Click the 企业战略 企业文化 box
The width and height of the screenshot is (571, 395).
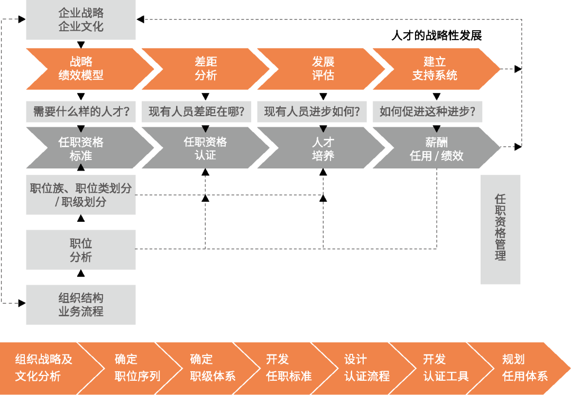click(x=81, y=20)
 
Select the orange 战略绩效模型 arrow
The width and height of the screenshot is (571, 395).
click(x=81, y=69)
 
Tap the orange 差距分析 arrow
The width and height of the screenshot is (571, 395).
click(x=206, y=69)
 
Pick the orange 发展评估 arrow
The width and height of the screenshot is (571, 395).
click(x=323, y=69)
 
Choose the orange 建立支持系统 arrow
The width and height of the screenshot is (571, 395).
click(x=435, y=69)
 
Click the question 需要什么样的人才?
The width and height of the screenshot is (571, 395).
click(x=81, y=111)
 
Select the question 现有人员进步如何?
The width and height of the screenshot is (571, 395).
click(x=312, y=111)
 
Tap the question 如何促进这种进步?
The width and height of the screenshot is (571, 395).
click(x=427, y=111)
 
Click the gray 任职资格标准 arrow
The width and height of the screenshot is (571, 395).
click(x=81, y=148)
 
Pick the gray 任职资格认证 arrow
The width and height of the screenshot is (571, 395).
click(x=206, y=148)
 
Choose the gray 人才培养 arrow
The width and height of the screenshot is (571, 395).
click(x=323, y=148)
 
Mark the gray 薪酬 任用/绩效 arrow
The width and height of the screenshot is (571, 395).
click(x=437, y=148)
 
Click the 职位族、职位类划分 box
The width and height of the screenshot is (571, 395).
click(x=81, y=195)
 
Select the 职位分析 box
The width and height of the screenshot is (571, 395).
click(x=81, y=250)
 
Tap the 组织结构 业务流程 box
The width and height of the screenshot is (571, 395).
click(x=81, y=305)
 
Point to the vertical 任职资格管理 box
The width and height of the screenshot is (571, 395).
click(x=501, y=230)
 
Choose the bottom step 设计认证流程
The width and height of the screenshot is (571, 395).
click(x=366, y=368)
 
